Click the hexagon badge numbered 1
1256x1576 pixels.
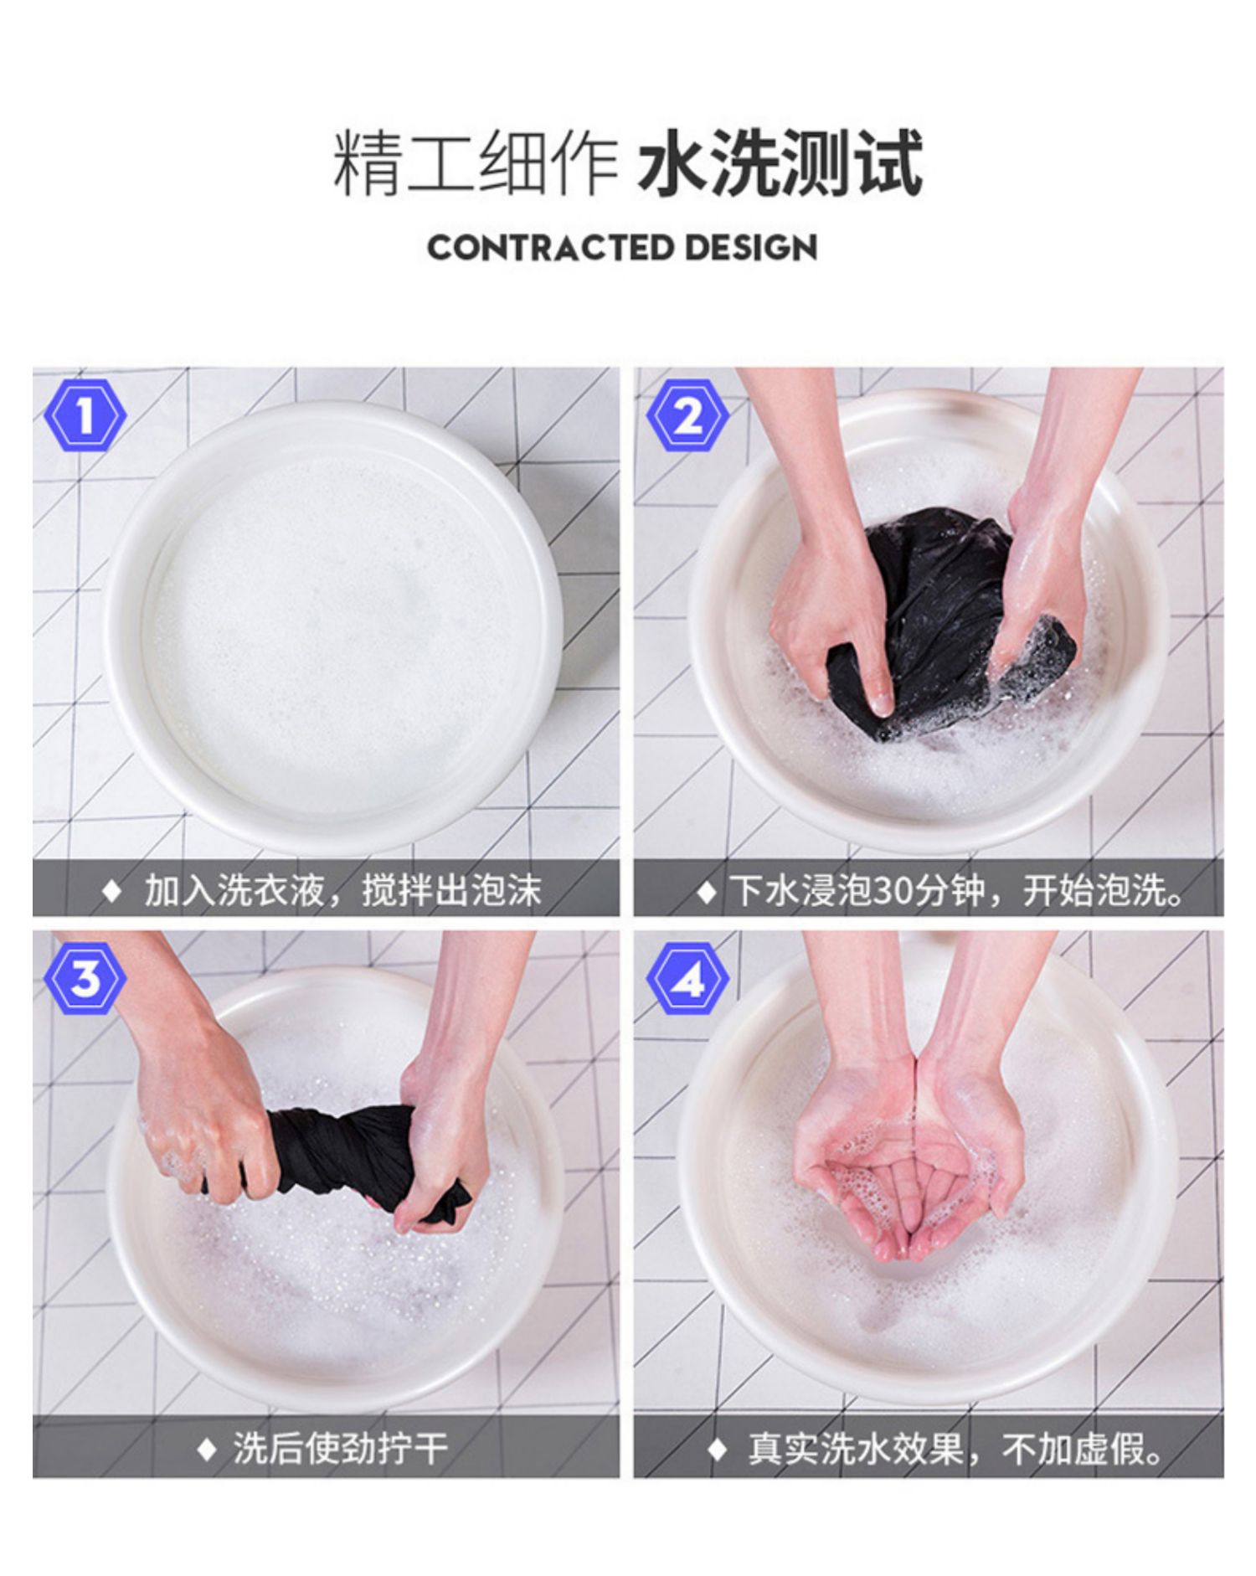(x=85, y=415)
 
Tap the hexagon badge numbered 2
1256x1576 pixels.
(x=687, y=415)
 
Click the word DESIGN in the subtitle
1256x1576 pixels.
(x=750, y=248)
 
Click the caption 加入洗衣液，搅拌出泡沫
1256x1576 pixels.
(x=343, y=889)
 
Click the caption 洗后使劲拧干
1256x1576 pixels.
(x=341, y=1448)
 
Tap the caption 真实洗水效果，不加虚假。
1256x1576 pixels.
(x=957, y=1448)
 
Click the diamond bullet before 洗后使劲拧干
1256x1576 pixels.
(x=206, y=1449)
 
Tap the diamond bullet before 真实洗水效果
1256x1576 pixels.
(x=717, y=1449)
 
